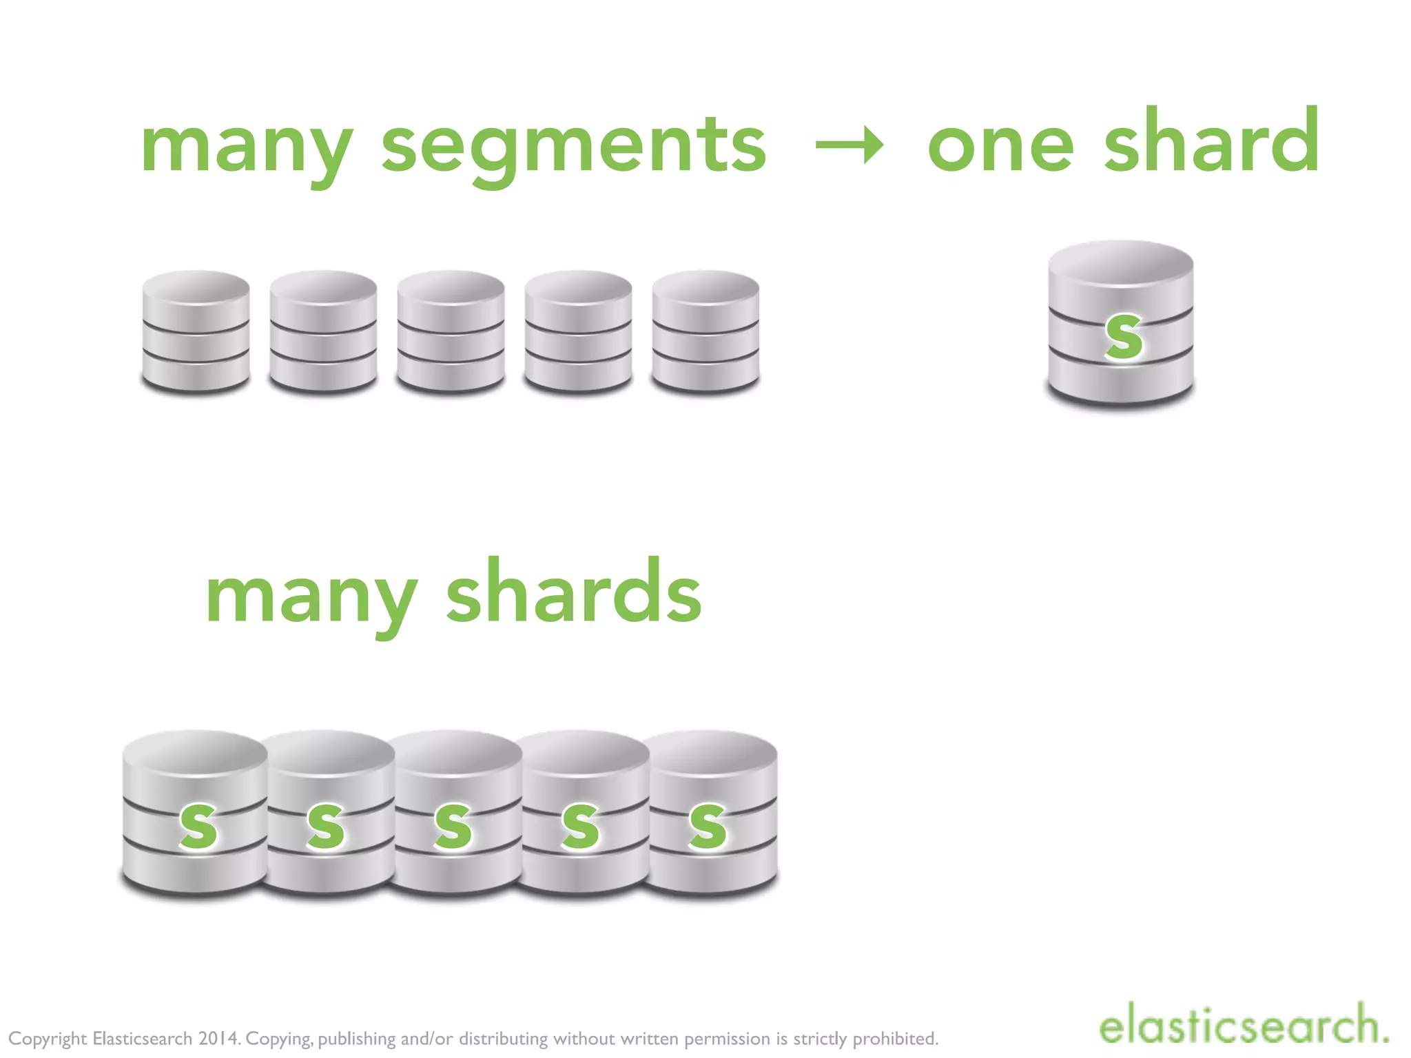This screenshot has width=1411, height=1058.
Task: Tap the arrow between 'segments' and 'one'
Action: pos(849,145)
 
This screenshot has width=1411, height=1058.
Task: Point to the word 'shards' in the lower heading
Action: pos(573,592)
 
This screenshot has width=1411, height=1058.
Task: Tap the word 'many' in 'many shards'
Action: pos(311,595)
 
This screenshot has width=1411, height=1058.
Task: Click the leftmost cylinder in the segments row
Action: pos(196,331)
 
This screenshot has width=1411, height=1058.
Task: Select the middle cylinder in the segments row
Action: pos(451,331)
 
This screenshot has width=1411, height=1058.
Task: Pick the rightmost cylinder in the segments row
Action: pos(705,331)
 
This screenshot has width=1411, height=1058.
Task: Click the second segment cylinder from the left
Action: pos(323,331)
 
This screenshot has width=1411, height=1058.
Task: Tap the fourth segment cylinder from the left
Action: pos(578,331)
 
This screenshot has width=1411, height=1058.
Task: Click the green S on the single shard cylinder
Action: pos(1123,337)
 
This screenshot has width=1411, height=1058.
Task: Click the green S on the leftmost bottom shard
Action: pos(198,824)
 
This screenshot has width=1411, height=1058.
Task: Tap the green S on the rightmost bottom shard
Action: pos(708,824)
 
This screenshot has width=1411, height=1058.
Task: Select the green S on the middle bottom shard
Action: pos(453,824)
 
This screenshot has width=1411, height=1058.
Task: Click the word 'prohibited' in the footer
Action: pos(895,1038)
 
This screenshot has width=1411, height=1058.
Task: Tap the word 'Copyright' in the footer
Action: pos(48,1039)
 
